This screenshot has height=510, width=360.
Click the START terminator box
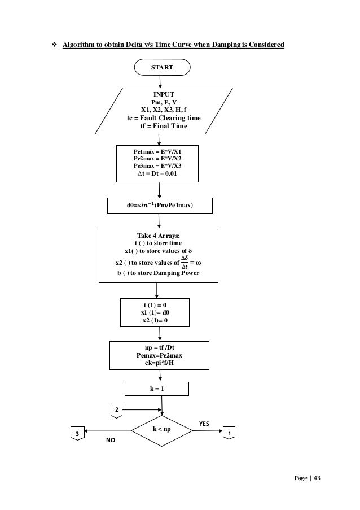(x=162, y=67)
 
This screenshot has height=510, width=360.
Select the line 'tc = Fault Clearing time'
(x=163, y=118)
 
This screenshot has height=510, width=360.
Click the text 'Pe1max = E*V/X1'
(x=157, y=152)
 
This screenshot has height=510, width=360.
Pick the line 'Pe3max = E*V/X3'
(x=157, y=166)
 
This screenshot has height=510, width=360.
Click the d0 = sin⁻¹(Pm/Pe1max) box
(x=160, y=206)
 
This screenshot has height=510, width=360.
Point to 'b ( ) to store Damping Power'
(x=158, y=273)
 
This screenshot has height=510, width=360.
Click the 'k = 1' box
(x=156, y=389)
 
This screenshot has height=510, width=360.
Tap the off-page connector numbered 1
(x=229, y=433)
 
